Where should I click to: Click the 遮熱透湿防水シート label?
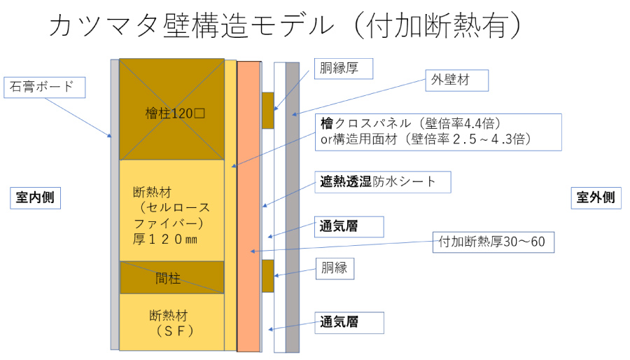(381, 181)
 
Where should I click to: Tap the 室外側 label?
(596, 198)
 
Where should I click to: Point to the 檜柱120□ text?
(171, 111)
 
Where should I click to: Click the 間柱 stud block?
(171, 277)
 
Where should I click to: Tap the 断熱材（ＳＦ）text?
(171, 321)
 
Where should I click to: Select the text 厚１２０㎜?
(165, 240)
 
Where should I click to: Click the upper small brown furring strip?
(267, 110)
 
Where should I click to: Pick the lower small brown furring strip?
(267, 276)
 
